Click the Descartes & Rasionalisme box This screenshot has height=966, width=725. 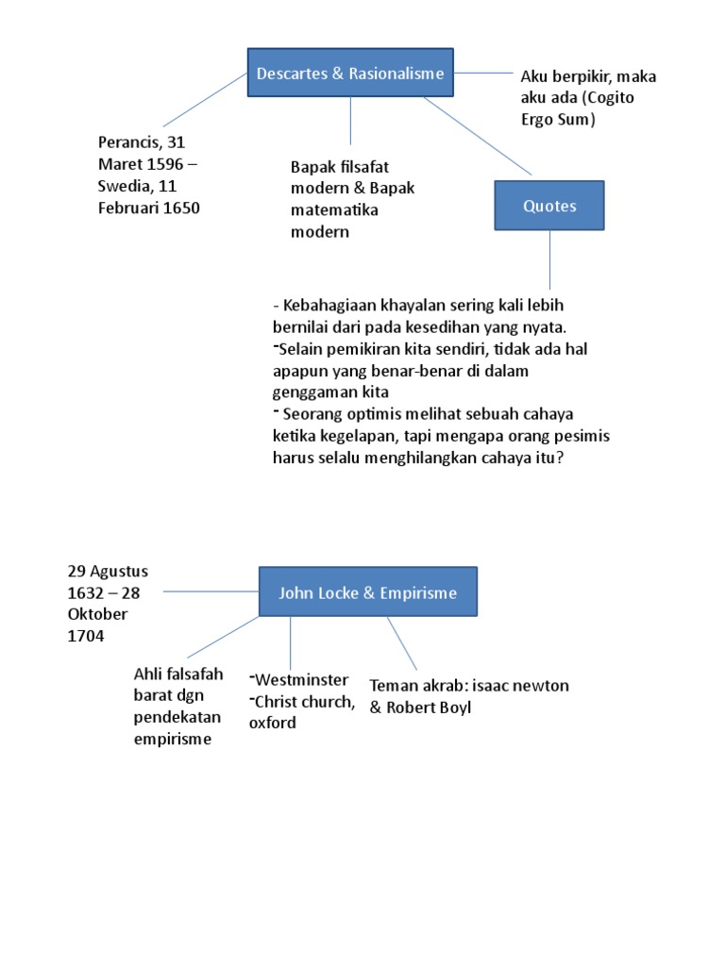(x=349, y=74)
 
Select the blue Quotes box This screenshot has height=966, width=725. (x=549, y=206)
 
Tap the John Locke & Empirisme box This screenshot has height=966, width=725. (x=367, y=592)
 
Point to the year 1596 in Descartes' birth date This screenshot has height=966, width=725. (x=166, y=164)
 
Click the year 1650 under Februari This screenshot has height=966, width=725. (x=181, y=208)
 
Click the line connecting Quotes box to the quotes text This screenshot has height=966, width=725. (x=550, y=259)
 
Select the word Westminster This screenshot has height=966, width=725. (x=300, y=680)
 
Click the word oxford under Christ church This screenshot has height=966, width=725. (x=273, y=724)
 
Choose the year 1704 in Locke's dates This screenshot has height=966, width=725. (x=86, y=637)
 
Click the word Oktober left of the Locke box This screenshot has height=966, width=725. (x=97, y=614)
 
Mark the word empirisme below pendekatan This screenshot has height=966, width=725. (x=173, y=739)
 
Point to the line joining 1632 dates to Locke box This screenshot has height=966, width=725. (x=211, y=591)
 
